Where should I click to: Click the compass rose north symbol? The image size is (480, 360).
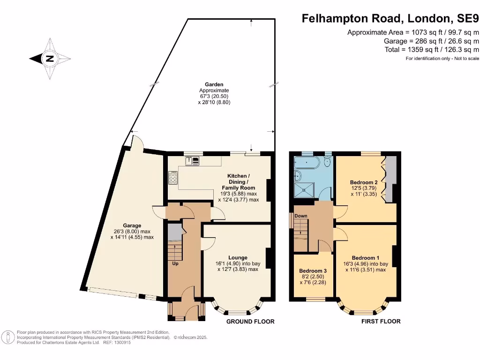click(x=50, y=59)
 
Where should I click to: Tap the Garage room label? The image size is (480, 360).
click(x=133, y=225)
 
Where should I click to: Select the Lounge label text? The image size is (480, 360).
click(x=238, y=257)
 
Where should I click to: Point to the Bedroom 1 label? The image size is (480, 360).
click(x=366, y=258)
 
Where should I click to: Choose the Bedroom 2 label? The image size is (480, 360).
click(x=364, y=182)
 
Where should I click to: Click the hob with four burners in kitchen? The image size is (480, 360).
click(x=173, y=177)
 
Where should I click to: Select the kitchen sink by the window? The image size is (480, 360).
click(x=193, y=161)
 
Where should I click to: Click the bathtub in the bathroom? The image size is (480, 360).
click(x=307, y=163)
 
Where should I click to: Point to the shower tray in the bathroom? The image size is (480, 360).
click(x=305, y=189)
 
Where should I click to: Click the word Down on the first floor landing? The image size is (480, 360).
click(x=301, y=216)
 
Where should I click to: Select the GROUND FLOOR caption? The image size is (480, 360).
click(x=250, y=322)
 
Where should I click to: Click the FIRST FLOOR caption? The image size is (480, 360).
click(x=381, y=322)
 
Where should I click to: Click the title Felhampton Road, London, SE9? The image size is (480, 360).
click(x=390, y=19)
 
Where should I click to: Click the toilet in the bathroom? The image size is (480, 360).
click(x=327, y=162)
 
